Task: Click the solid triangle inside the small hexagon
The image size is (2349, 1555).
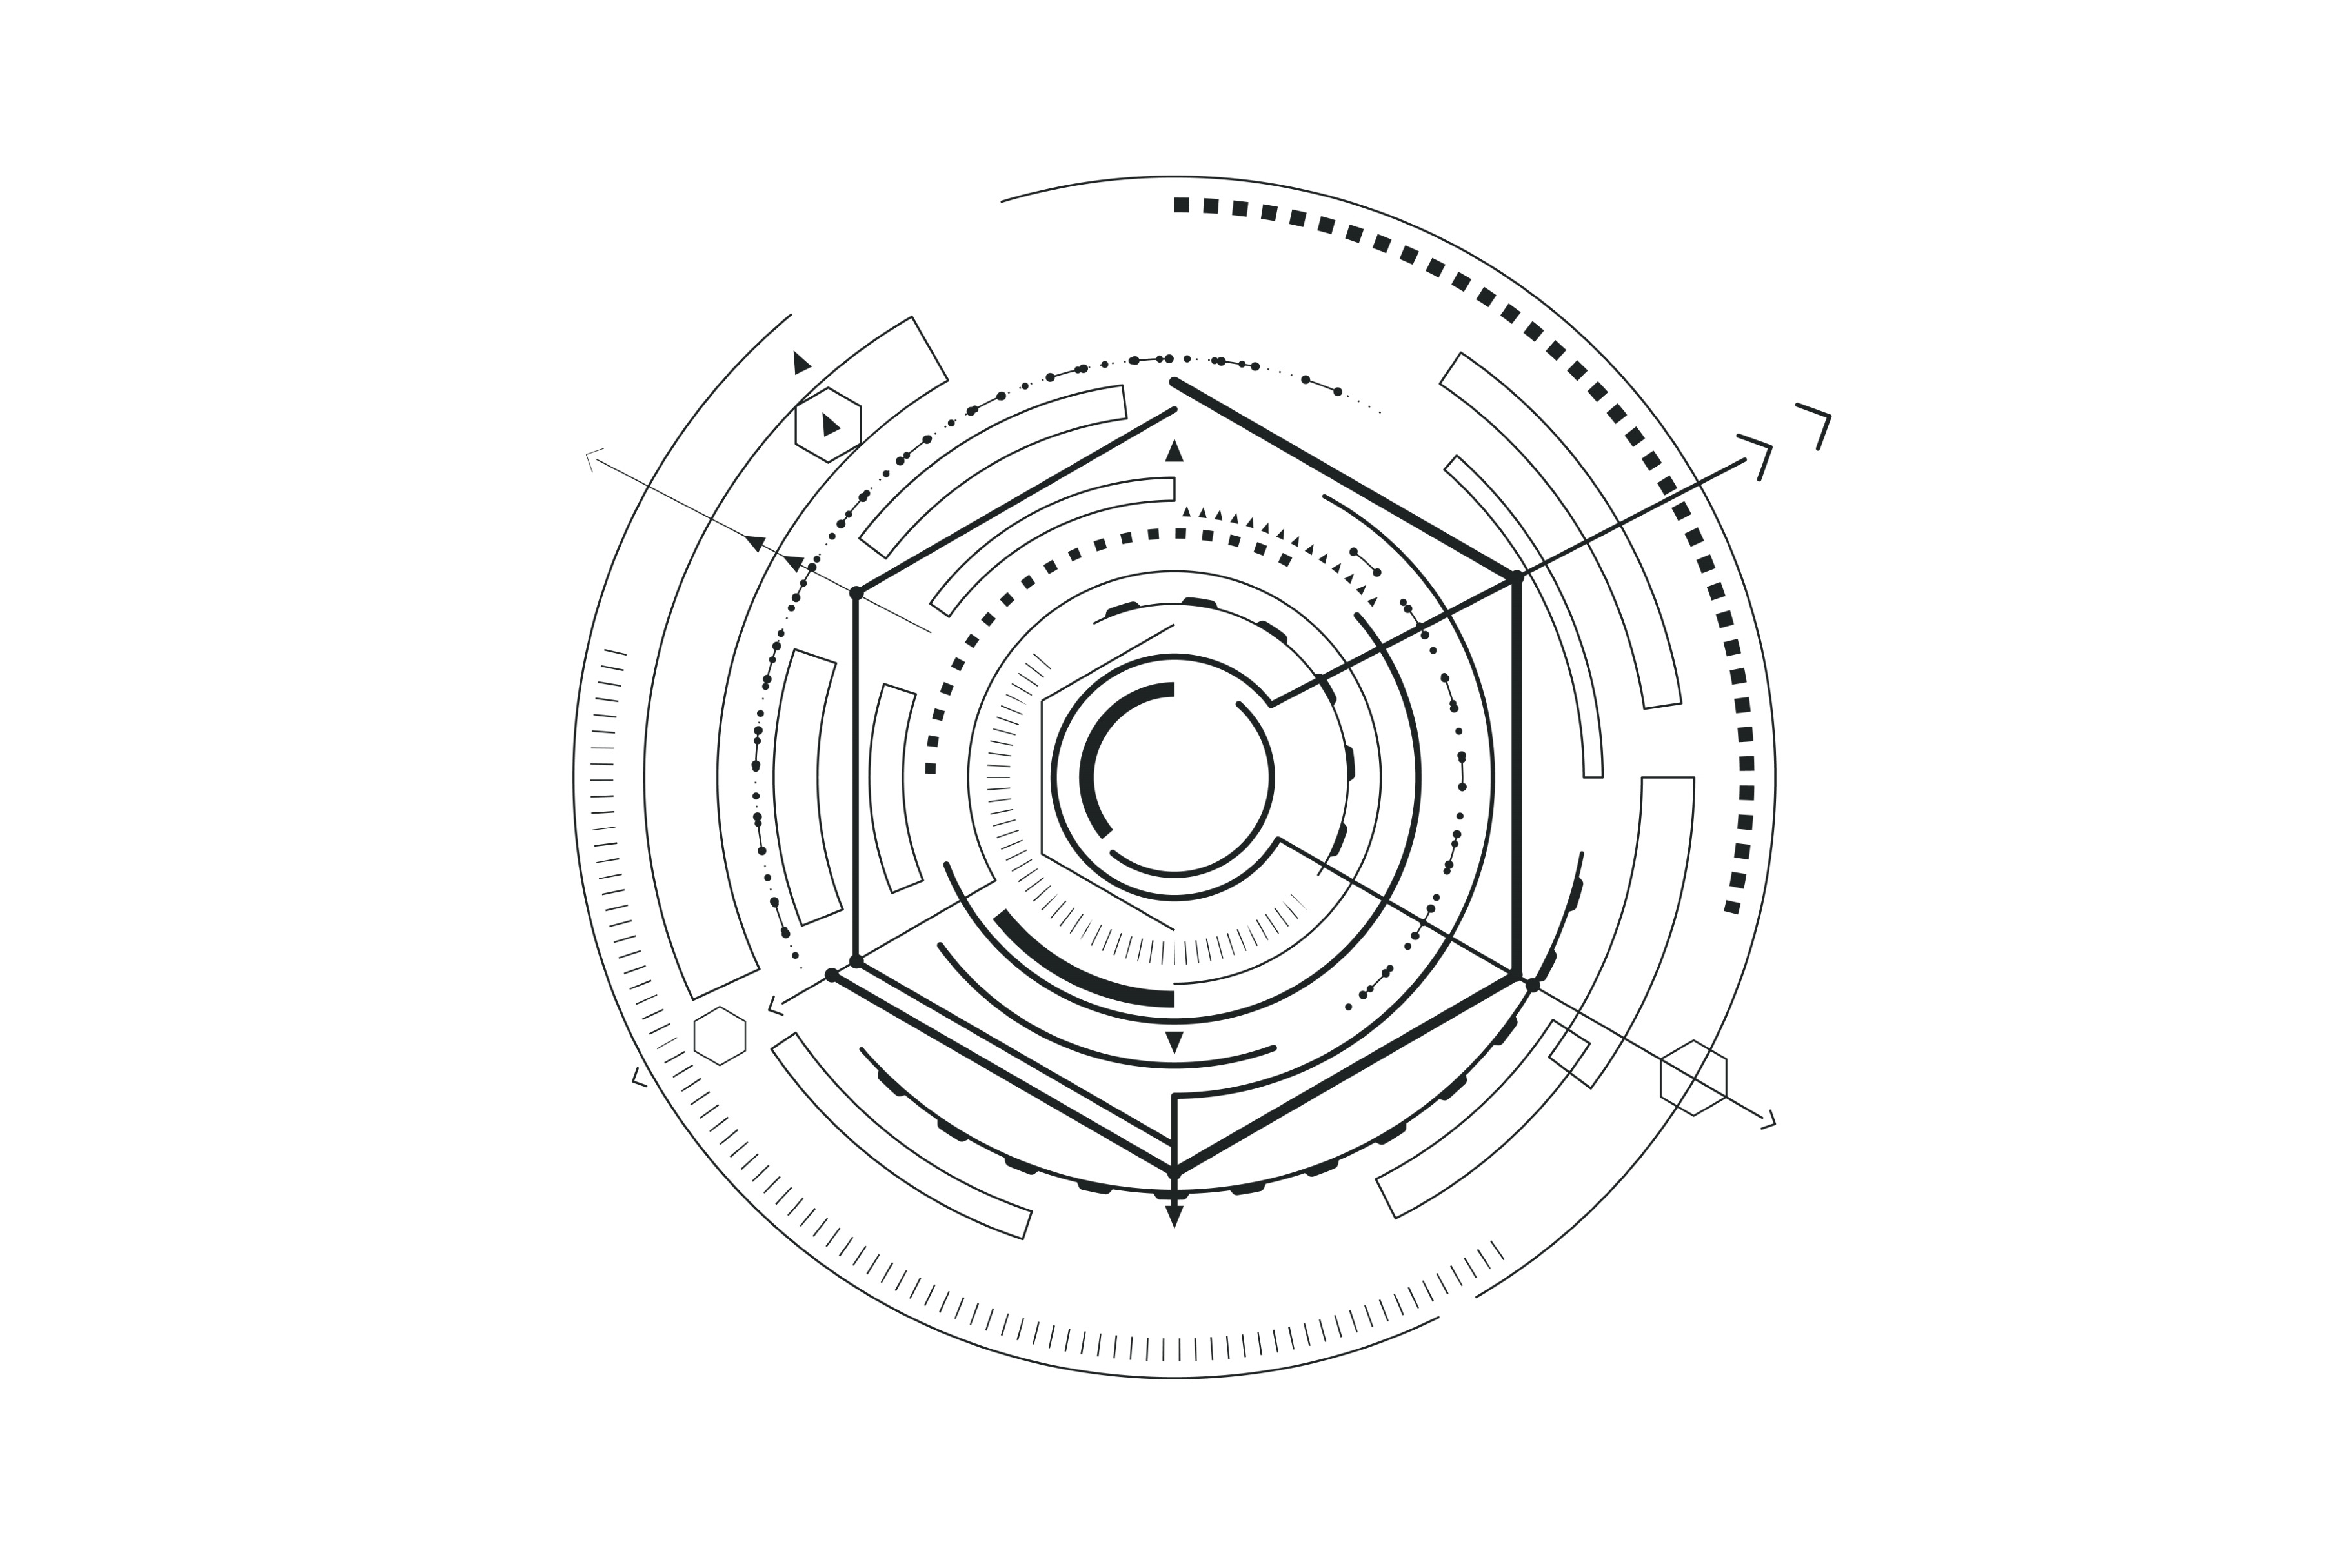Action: click(830, 425)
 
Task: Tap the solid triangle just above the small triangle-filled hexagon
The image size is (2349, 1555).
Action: click(800, 363)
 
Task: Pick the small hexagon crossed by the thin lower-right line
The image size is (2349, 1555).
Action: click(1693, 1078)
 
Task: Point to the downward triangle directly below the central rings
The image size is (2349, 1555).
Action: click(1174, 1041)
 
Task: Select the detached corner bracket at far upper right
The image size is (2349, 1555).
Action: click(1817, 421)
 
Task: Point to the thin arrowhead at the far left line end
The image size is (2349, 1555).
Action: click(592, 457)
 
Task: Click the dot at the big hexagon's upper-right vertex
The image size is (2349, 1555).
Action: click(1516, 577)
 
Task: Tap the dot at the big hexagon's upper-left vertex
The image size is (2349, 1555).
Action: click(856, 593)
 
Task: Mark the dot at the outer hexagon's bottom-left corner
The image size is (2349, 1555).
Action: click(831, 975)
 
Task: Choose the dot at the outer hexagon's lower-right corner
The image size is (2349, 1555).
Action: click(1533, 985)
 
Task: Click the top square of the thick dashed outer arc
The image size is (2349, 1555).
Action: click(1181, 205)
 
